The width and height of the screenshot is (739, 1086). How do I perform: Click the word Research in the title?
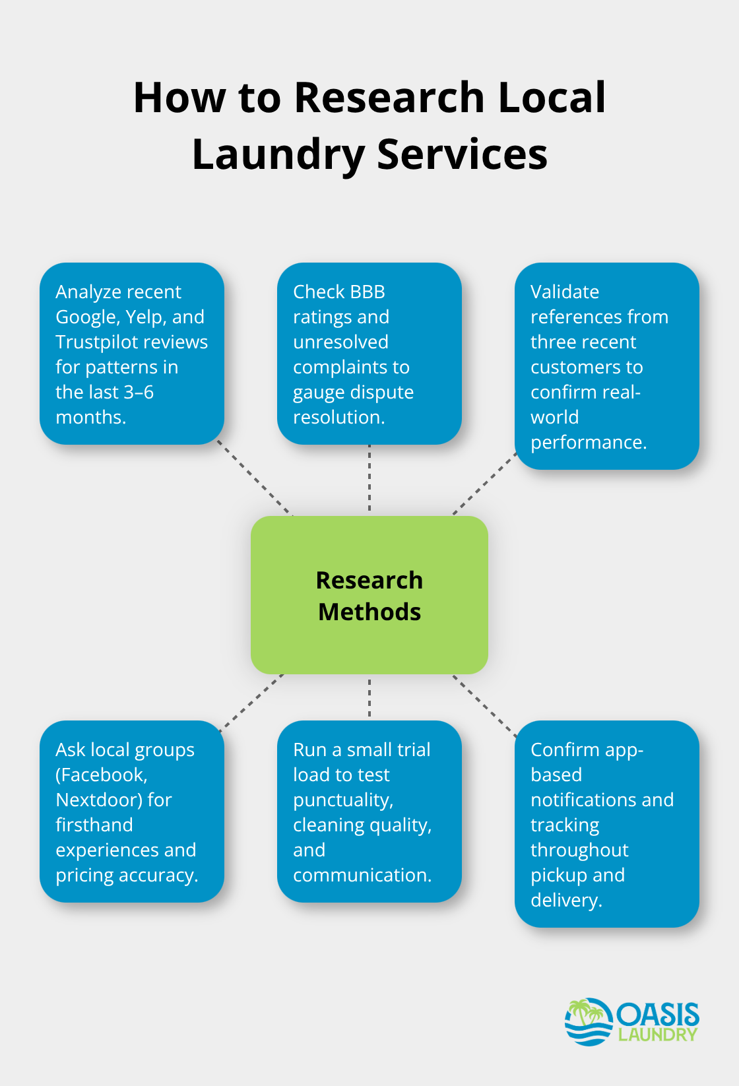[x=389, y=98]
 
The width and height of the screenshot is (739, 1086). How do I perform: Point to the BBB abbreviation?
[x=368, y=292]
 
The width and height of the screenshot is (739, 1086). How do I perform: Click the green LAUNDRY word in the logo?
[x=657, y=1035]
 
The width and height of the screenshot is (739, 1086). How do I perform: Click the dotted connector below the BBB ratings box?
[x=369, y=479]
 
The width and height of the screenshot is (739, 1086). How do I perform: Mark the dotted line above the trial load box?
[x=369, y=697]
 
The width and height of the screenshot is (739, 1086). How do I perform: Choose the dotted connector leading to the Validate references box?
[x=485, y=484]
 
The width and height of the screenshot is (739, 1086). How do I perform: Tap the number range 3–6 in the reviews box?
[x=139, y=392]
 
